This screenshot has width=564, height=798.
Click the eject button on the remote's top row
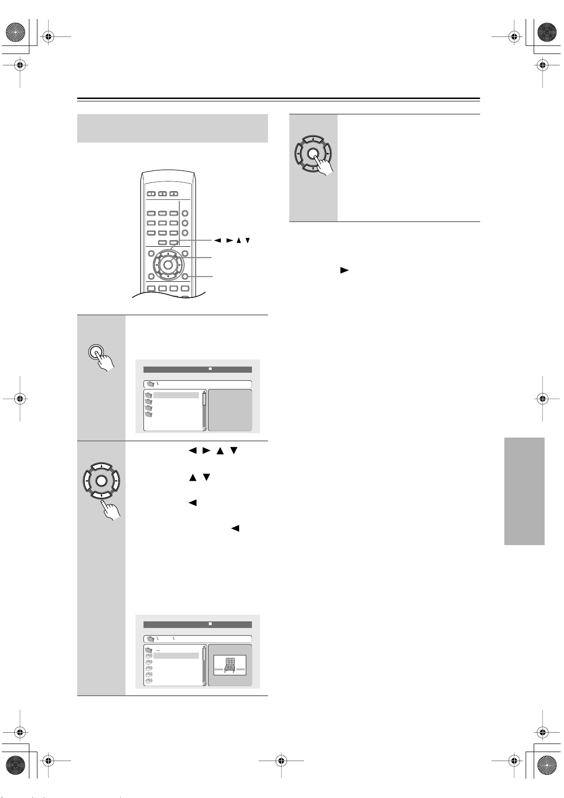[174, 194]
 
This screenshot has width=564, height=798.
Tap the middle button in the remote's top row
[162, 194]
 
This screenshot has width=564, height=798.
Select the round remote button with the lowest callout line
[185, 277]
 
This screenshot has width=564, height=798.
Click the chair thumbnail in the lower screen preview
[230, 665]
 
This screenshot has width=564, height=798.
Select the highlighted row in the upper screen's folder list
[176, 395]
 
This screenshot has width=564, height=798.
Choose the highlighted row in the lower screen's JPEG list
[176, 656]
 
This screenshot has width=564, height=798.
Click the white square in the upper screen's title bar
[210, 369]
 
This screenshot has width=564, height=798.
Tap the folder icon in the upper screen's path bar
[151, 384]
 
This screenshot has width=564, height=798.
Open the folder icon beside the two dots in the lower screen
[149, 650]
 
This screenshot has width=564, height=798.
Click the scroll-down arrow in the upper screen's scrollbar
[205, 429]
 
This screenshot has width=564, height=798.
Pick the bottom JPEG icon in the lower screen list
[149, 680]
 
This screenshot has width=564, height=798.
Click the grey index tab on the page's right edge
[524, 491]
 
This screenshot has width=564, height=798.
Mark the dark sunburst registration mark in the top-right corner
[547, 31]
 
